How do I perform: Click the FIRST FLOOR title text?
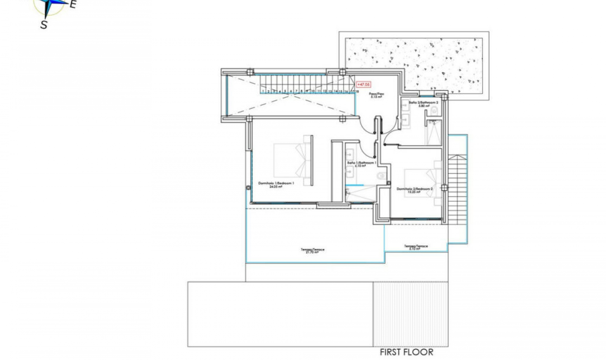click(x=406, y=352)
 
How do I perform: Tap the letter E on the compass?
click(x=73, y=4)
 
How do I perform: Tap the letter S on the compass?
click(x=44, y=25)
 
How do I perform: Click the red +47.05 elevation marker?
click(x=363, y=84)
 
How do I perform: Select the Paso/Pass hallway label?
click(x=377, y=95)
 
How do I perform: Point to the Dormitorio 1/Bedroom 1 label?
click(x=276, y=185)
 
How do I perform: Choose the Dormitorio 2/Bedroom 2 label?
click(x=414, y=190)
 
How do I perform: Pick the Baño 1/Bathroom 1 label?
click(x=361, y=164)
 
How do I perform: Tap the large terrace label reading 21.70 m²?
click(x=312, y=251)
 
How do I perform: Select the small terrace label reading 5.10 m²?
click(x=416, y=247)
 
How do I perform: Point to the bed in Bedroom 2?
click(x=421, y=183)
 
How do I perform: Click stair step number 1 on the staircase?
click(x=263, y=91)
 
